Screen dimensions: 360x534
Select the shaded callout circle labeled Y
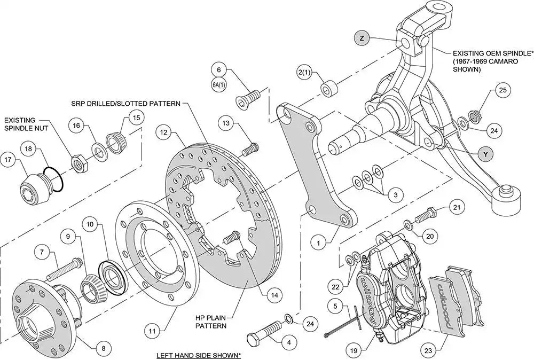[485, 154]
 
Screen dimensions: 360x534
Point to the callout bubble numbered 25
[501, 91]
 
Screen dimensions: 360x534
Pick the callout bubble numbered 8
[104, 348]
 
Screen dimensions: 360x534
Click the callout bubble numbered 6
[218, 69]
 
